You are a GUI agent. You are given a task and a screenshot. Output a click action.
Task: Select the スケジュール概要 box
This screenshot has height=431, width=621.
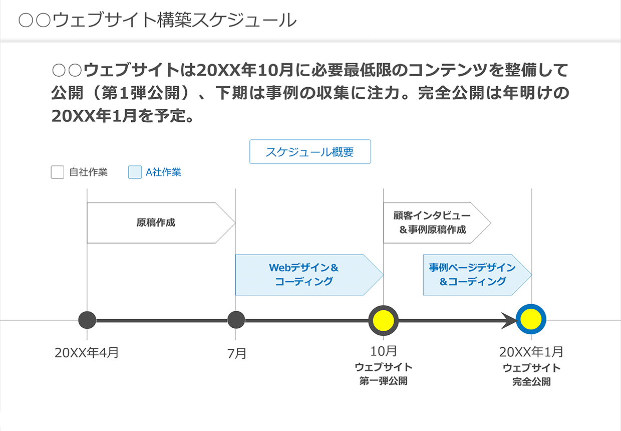coord(310,152)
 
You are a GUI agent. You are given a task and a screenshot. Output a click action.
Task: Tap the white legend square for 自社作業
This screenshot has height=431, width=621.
coord(58,172)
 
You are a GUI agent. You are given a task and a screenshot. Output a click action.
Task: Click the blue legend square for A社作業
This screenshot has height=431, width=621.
coord(135,172)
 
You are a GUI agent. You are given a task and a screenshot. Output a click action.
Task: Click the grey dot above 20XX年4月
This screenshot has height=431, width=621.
coord(87,320)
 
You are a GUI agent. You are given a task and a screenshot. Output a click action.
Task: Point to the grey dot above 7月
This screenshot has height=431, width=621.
coord(235,320)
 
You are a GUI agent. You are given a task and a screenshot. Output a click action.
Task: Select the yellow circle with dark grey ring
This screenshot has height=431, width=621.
coord(383,320)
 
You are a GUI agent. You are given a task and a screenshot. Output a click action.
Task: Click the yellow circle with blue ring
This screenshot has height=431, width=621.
coord(531,319)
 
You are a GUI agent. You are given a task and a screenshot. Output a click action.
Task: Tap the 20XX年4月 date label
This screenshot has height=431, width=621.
coord(87,352)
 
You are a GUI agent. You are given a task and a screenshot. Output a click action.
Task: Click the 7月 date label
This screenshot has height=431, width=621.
coord(237,353)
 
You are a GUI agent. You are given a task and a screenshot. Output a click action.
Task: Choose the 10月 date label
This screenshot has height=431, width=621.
coord(384,351)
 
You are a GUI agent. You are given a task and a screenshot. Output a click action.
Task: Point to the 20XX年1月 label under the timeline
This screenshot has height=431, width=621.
coord(531,351)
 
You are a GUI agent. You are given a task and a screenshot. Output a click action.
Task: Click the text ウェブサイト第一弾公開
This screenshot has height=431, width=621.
coord(384,374)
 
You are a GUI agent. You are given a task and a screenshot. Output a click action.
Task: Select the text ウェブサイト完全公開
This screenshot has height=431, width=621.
coord(531,374)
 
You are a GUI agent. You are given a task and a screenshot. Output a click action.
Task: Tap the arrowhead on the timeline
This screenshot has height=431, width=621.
coord(510,320)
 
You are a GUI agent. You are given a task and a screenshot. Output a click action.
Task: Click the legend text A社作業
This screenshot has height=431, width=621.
coord(163,172)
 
